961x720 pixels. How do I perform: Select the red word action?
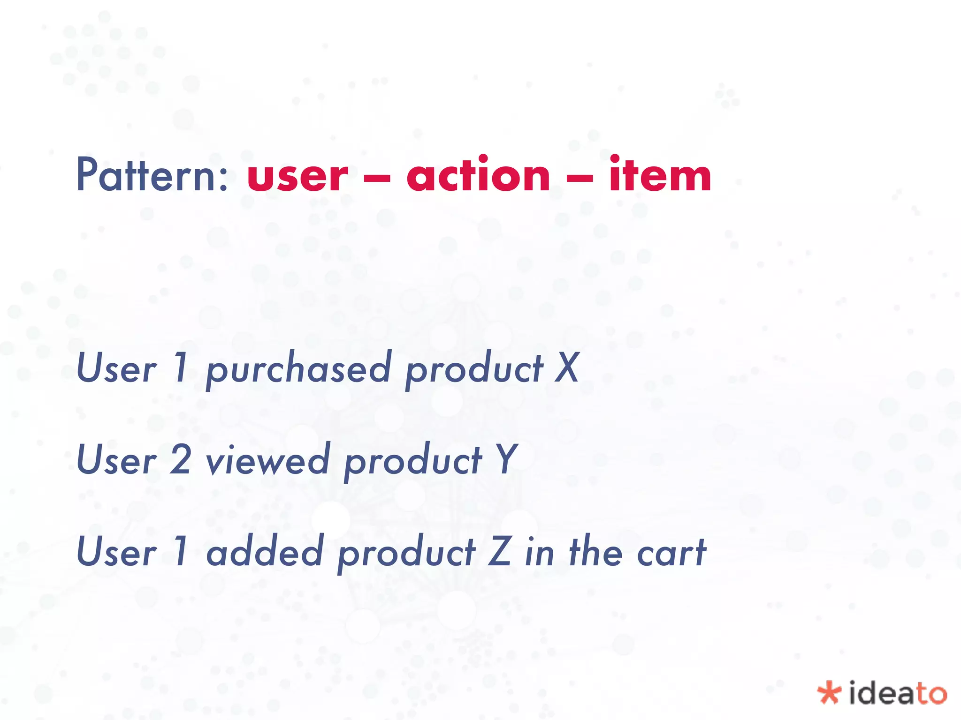[478, 175]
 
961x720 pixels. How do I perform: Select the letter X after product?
[567, 368]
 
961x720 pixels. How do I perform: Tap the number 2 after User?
[180, 460]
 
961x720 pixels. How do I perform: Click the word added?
[265, 552]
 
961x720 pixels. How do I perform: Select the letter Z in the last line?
[499, 552]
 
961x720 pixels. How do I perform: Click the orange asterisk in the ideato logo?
[829, 693]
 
